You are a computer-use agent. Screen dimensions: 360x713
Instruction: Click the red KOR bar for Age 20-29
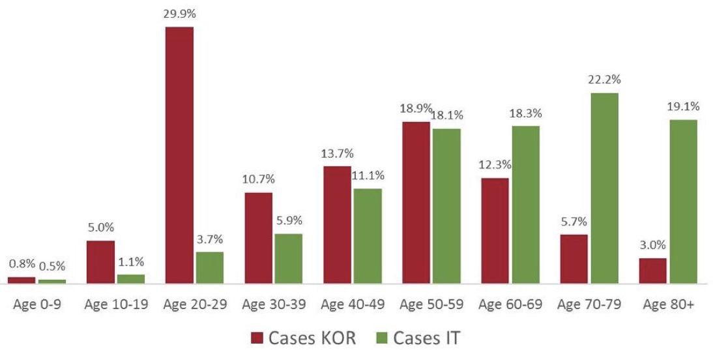179,155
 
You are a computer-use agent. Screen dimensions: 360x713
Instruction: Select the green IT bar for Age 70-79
604,188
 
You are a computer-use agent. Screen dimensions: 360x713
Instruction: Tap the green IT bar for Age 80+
683,201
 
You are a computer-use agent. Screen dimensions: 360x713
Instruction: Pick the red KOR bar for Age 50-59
416,202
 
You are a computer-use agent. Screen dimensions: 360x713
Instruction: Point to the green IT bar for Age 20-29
209,267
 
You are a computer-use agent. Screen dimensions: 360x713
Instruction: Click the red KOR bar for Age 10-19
100,262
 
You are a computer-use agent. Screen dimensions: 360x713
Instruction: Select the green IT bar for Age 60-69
525,204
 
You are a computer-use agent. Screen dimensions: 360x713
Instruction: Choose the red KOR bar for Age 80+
653,270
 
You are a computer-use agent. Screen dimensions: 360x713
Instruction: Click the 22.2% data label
605,80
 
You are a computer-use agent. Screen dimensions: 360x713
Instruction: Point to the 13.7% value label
337,154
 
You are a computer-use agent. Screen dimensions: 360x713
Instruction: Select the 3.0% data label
652,246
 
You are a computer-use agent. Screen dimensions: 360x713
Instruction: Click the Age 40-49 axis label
353,305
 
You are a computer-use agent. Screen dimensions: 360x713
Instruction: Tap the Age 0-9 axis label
37,305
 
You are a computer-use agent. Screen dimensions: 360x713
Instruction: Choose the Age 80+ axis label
668,305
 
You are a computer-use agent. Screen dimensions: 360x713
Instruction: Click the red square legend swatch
257,338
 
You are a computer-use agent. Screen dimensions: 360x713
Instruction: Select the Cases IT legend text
427,338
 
